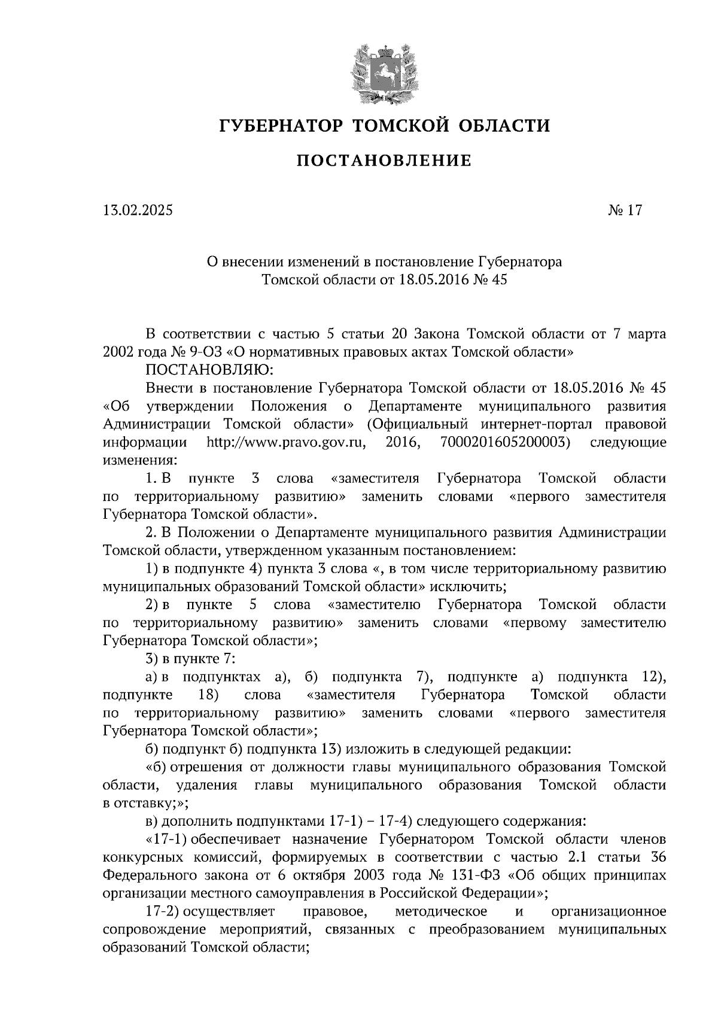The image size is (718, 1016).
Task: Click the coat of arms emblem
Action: coord(384,72)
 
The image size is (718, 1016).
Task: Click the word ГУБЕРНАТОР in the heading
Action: coord(280,126)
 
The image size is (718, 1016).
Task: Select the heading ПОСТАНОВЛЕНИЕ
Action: coord(384,160)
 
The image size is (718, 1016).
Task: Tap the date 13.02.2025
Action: coord(137,211)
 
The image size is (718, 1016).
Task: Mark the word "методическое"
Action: coord(441,911)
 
